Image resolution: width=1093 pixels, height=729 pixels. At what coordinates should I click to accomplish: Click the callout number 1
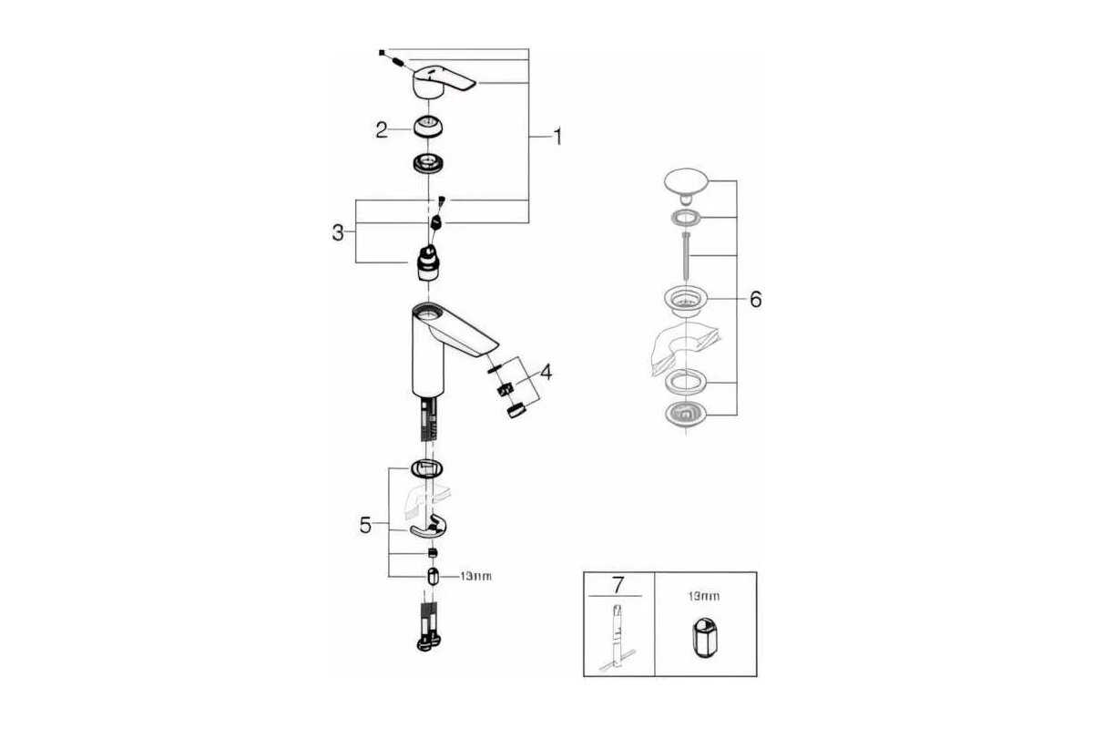(x=557, y=138)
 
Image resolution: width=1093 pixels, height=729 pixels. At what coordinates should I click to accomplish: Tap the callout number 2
(x=382, y=129)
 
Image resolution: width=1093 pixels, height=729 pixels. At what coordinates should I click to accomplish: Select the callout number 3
(x=338, y=232)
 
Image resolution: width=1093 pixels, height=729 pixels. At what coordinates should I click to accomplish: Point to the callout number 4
(x=545, y=372)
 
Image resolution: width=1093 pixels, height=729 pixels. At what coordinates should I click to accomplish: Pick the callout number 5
(x=365, y=526)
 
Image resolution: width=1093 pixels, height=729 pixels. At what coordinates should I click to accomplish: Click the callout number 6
(x=755, y=299)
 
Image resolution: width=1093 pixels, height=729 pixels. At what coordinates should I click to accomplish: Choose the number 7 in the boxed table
(x=618, y=583)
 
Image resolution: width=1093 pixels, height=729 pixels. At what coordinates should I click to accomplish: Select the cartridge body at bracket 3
(x=428, y=263)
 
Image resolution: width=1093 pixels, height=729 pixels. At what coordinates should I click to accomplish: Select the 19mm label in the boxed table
(x=705, y=596)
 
